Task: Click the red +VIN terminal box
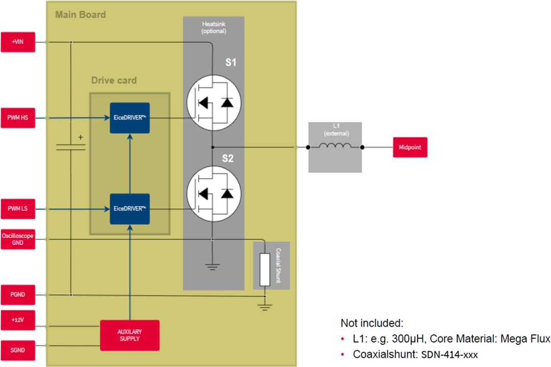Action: coord(18,42)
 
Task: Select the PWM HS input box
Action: coord(18,118)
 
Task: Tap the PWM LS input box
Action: coord(18,209)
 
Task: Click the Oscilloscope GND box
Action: coord(18,239)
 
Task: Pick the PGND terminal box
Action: coord(18,295)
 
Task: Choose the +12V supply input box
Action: coord(18,320)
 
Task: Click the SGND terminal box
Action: coord(18,350)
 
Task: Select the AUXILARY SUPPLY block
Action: coord(130,335)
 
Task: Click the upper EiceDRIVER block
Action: coord(130,118)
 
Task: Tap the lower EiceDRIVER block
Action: coord(130,209)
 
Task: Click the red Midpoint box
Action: coord(410,148)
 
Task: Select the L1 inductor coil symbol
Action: coord(335,147)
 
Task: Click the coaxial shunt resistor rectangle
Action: coord(264,269)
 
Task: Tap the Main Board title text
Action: coord(81,14)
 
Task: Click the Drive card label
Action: coord(114,80)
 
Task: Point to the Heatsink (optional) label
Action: coord(213,28)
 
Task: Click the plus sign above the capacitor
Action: coord(80,137)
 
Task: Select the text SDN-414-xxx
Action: coord(450,354)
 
